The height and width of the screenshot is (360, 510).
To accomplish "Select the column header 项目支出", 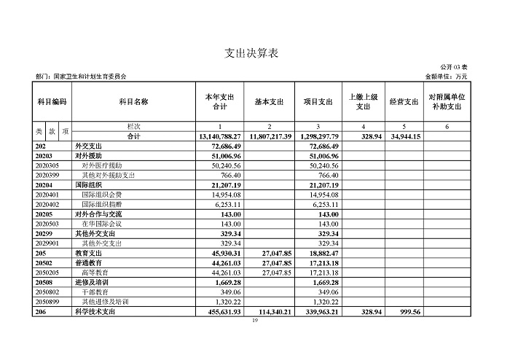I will point(318,102).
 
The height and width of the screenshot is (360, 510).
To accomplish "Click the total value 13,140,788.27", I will point(219,136).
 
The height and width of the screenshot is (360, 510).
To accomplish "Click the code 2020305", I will point(48,166).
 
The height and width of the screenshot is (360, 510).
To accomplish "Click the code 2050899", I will point(48,301).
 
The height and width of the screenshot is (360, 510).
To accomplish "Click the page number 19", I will point(254,320).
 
